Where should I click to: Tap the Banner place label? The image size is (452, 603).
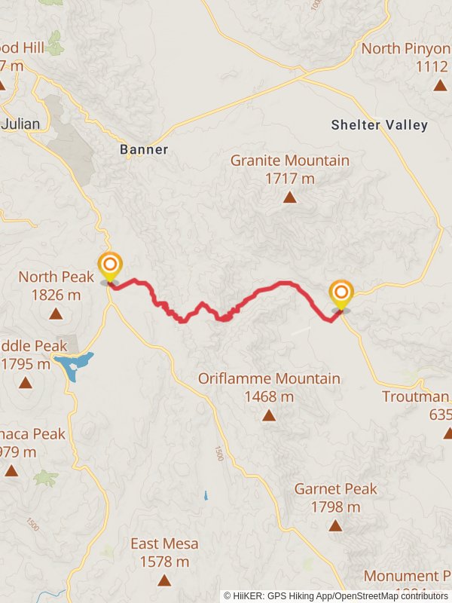coord(144,149)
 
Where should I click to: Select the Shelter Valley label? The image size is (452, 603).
coord(379,125)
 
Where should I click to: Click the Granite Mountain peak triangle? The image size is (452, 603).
coord(289,197)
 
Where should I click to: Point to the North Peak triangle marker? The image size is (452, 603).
coord(55,315)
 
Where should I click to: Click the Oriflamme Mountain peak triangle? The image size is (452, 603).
coord(269,415)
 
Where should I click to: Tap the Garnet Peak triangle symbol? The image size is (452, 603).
coord(336,526)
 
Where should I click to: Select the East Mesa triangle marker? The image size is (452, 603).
coord(164,580)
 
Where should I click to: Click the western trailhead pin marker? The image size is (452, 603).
coord(110,266)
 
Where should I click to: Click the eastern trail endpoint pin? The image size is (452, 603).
coord(341,293)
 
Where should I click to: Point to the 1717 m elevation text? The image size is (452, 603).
coord(290,179)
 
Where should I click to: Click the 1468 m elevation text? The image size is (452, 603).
coord(269,396)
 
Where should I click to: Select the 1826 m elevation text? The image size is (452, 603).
coord(56,295)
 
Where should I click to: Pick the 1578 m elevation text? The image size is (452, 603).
coord(164,562)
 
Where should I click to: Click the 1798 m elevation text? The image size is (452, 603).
coord(336,507)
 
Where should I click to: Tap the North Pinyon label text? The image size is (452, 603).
coord(405,49)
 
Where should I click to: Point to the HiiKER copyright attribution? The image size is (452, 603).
coord(335,595)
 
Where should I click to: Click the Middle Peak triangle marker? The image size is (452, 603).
coord(26,383)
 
